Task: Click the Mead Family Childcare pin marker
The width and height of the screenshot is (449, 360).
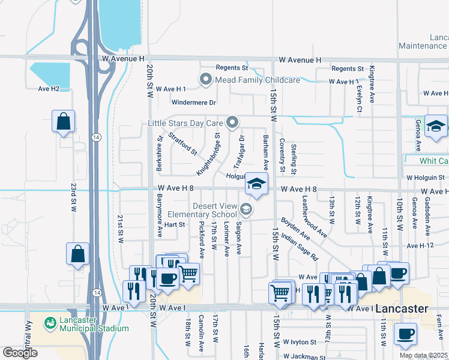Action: pyautogui.click(x=206, y=79)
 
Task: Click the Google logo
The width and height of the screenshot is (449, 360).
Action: pyautogui.click(x=20, y=353)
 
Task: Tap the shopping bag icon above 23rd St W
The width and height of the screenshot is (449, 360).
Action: pyautogui.click(x=63, y=122)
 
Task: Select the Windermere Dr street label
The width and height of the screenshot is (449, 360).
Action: pyautogui.click(x=193, y=103)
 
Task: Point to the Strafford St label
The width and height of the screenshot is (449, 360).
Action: pyautogui.click(x=182, y=143)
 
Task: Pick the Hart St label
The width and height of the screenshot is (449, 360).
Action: pyautogui.click(x=174, y=224)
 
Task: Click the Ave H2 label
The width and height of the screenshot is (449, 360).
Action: pyautogui.click(x=49, y=89)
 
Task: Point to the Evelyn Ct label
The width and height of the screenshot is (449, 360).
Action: pyautogui.click(x=358, y=98)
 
